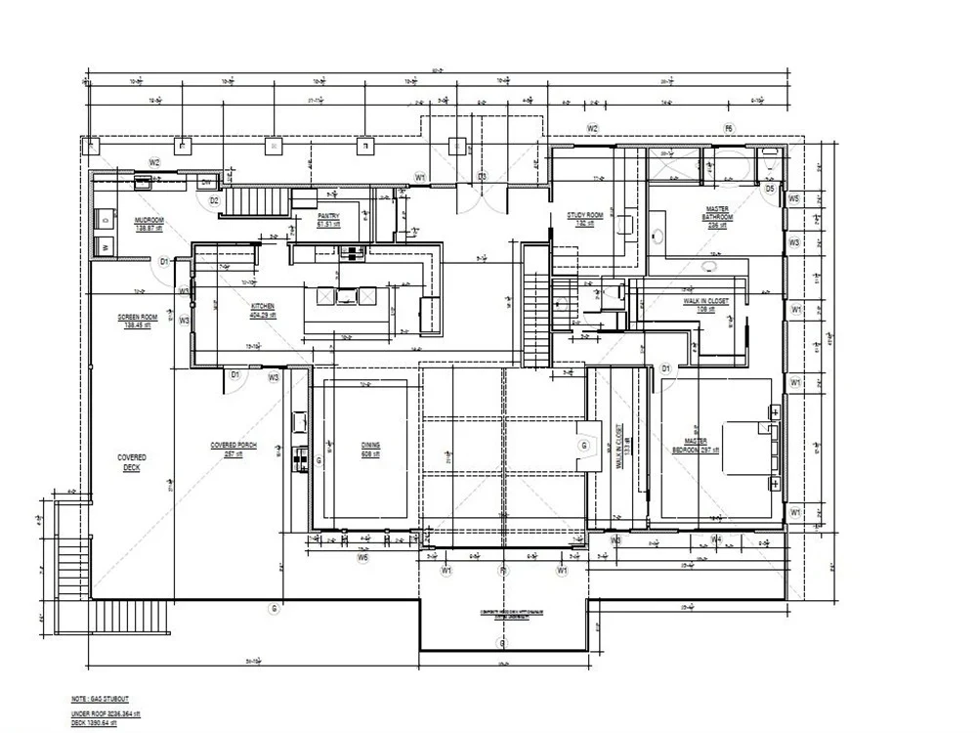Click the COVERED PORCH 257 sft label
(x=234, y=450)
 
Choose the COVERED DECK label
(x=133, y=462)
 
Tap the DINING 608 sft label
(x=370, y=449)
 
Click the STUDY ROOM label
(x=585, y=219)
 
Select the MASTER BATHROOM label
(x=717, y=216)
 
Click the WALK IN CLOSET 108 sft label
(x=705, y=305)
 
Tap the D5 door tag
(x=770, y=189)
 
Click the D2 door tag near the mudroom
(x=214, y=200)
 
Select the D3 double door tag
(x=482, y=176)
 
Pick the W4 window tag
(x=716, y=539)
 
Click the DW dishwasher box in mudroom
(x=206, y=182)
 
